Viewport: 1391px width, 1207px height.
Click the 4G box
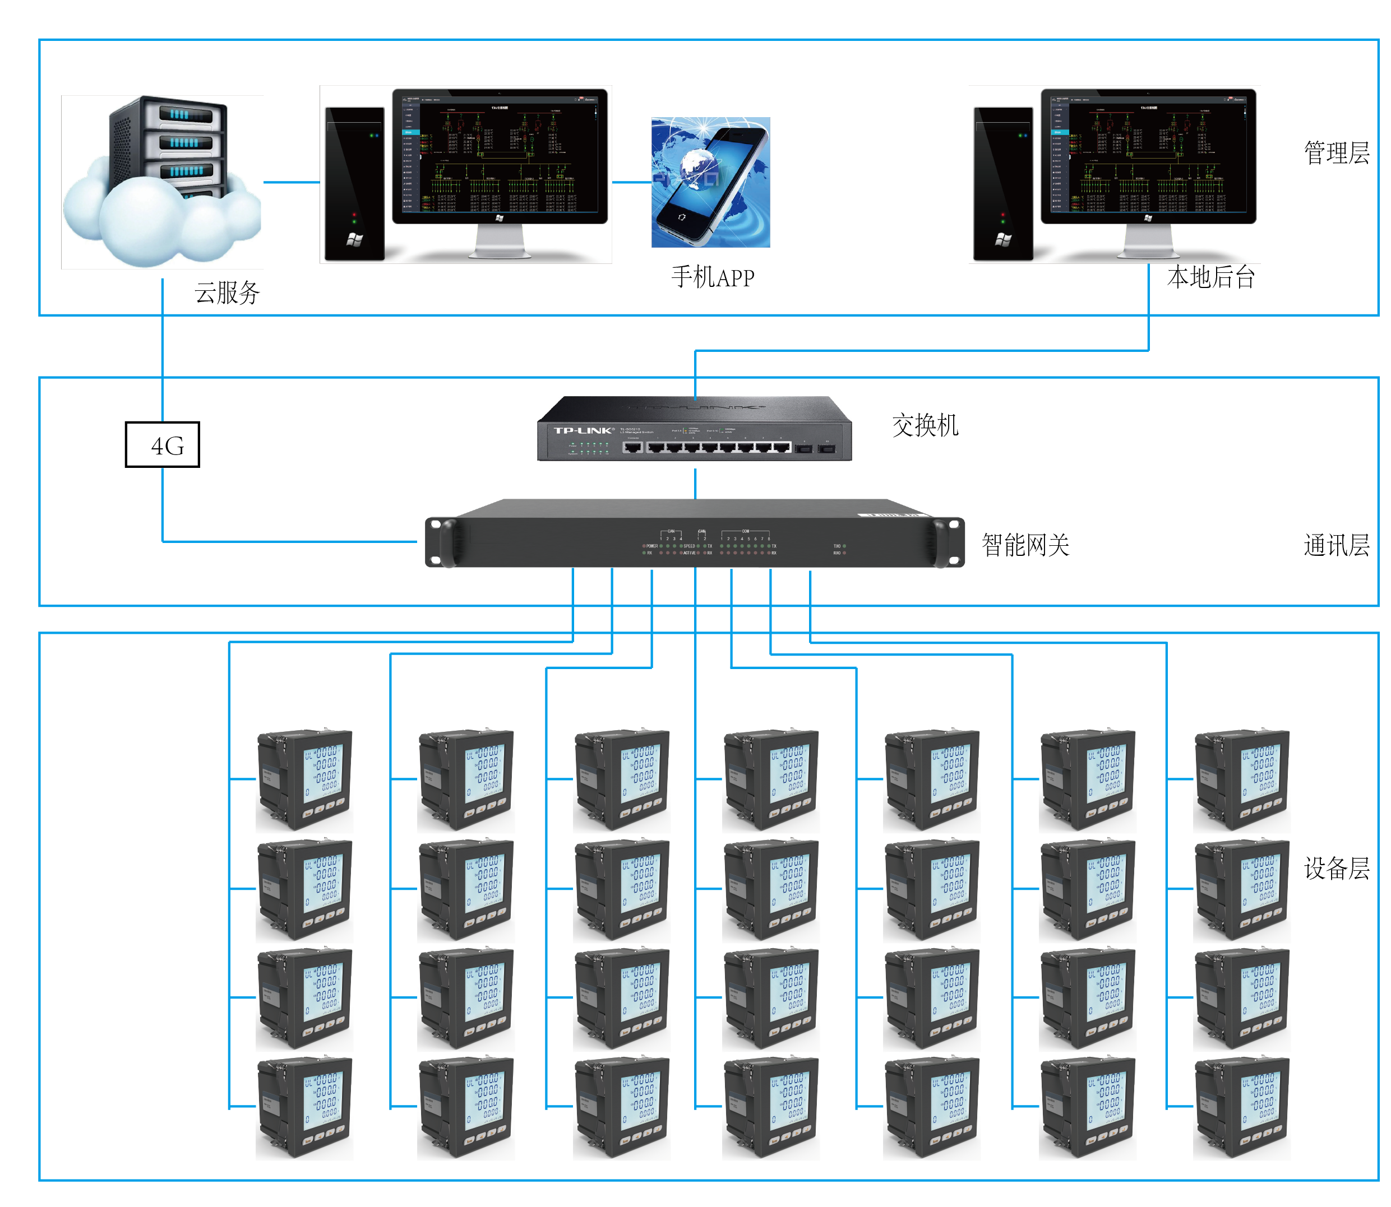(163, 444)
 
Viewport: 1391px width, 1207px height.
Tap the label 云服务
(227, 293)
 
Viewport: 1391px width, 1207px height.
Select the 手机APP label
(713, 277)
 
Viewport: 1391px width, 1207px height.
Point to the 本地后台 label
(1210, 277)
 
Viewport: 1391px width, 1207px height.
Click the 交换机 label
(925, 426)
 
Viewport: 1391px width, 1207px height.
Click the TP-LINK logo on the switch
(584, 430)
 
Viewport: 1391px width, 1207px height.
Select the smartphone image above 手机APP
(710, 183)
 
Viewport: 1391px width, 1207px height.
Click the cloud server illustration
(161, 182)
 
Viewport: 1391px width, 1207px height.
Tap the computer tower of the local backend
(1003, 183)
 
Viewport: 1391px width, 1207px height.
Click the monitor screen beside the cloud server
(500, 155)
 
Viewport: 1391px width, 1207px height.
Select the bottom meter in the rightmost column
(1242, 1107)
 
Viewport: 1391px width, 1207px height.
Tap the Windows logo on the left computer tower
(354, 239)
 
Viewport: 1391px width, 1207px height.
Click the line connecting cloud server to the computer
(291, 182)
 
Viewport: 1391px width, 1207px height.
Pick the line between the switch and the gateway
(695, 483)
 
